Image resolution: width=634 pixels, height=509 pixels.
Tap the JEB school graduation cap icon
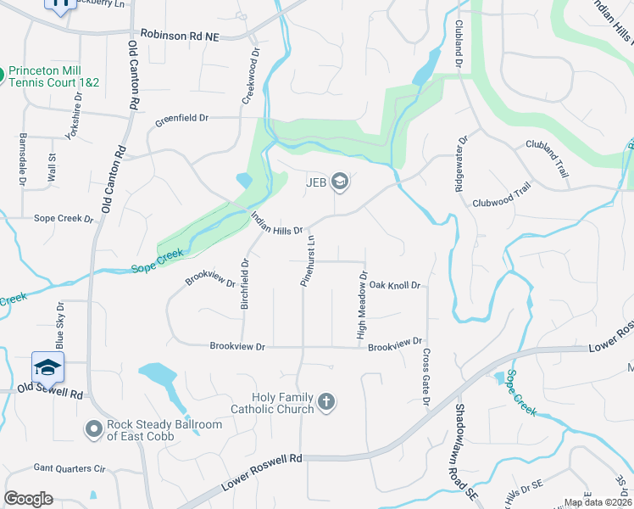coord(340,181)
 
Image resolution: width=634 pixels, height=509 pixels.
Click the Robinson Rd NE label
coord(180,34)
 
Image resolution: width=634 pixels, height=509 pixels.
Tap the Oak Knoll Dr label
coord(394,286)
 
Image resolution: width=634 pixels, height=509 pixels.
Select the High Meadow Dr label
coord(362,305)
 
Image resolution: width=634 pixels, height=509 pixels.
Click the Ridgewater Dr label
coord(459,163)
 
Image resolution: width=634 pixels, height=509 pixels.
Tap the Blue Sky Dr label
coord(60,326)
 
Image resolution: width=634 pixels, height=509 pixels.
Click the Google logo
coord(28,499)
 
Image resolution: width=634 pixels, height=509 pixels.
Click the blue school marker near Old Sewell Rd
coord(47,366)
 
